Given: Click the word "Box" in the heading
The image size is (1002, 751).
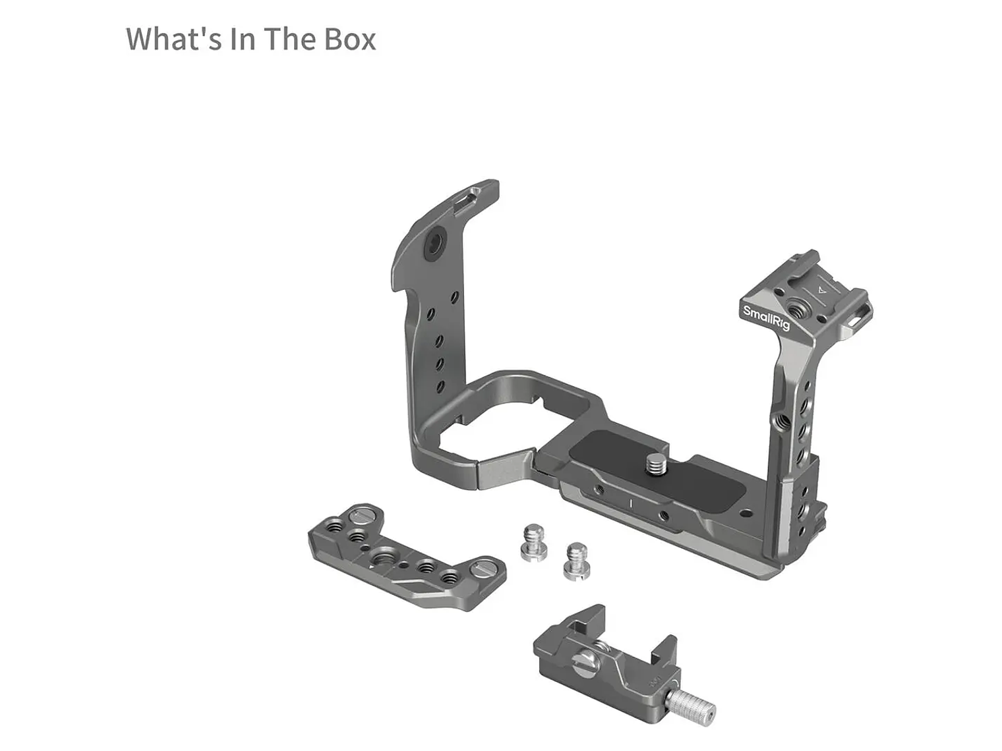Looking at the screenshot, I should coord(349,39).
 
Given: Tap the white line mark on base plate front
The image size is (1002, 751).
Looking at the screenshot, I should coord(631,504).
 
